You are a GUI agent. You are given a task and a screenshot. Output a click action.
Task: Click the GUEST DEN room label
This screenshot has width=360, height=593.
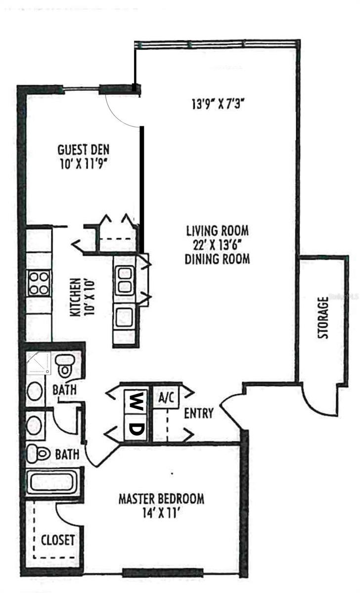(x=83, y=150)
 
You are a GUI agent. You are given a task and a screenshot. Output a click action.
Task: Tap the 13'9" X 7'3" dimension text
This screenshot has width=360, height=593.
(x=218, y=104)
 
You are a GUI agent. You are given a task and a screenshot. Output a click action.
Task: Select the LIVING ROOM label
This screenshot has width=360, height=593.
(x=217, y=231)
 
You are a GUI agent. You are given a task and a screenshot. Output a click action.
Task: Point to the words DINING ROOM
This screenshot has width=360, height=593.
(x=217, y=259)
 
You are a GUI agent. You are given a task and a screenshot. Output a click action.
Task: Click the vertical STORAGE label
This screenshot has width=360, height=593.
(x=323, y=318)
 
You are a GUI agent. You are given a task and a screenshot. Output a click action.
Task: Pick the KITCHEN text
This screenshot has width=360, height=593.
(x=75, y=297)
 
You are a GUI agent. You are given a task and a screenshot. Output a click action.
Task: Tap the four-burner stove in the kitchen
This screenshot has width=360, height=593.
(x=39, y=283)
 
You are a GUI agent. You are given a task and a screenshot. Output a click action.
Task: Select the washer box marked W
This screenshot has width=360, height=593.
(x=135, y=401)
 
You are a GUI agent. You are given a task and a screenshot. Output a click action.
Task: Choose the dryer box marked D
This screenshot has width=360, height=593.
(x=135, y=427)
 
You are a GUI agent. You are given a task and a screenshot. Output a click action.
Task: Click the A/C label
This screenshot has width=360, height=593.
(x=166, y=397)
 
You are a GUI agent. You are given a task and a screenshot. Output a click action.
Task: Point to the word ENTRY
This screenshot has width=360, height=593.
(x=199, y=413)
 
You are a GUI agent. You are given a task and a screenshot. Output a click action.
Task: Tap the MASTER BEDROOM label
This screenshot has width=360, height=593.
(x=161, y=499)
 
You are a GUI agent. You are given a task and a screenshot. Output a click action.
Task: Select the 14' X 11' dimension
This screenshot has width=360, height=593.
(x=159, y=513)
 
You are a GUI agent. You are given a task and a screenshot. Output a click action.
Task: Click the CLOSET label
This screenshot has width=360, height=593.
(x=58, y=540)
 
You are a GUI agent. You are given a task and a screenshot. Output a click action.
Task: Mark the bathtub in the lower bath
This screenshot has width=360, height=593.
(x=53, y=483)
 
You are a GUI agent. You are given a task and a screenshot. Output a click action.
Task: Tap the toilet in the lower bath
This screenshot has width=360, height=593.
(x=39, y=453)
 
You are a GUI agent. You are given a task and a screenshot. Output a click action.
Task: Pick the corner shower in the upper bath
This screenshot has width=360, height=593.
(x=39, y=363)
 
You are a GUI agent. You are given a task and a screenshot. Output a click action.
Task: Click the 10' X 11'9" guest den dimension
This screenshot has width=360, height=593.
(x=83, y=165)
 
